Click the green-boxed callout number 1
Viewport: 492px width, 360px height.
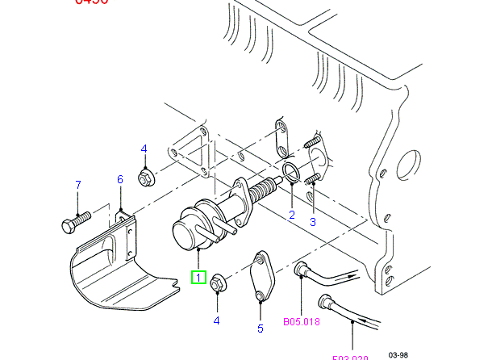pyautogui.click(x=198, y=277)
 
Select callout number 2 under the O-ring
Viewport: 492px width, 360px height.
pyautogui.click(x=292, y=215)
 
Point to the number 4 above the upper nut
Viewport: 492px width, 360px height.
pyautogui.click(x=144, y=149)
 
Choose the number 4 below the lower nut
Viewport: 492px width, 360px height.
pyautogui.click(x=216, y=320)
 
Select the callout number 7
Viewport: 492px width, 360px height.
pyautogui.click(x=78, y=186)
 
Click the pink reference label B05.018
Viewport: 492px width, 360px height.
pyautogui.click(x=301, y=322)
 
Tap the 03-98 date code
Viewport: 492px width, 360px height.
pyautogui.click(x=398, y=354)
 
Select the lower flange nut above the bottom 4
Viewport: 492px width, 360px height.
pyautogui.click(x=217, y=284)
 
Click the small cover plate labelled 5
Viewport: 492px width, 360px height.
pyautogui.click(x=261, y=275)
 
